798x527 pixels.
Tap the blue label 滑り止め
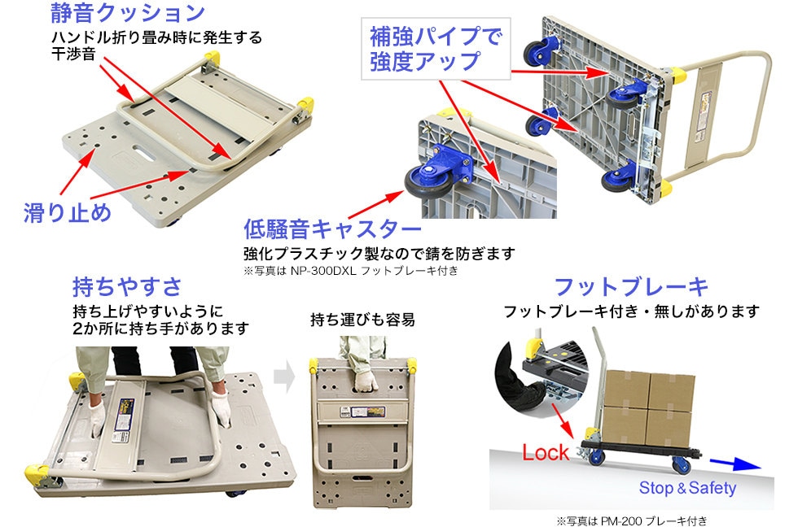(67, 213)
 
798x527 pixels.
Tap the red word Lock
(546, 452)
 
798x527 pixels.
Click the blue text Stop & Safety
(687, 488)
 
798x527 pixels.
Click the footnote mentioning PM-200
(632, 520)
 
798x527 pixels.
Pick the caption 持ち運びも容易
(362, 320)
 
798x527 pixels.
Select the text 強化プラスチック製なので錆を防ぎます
(379, 253)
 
